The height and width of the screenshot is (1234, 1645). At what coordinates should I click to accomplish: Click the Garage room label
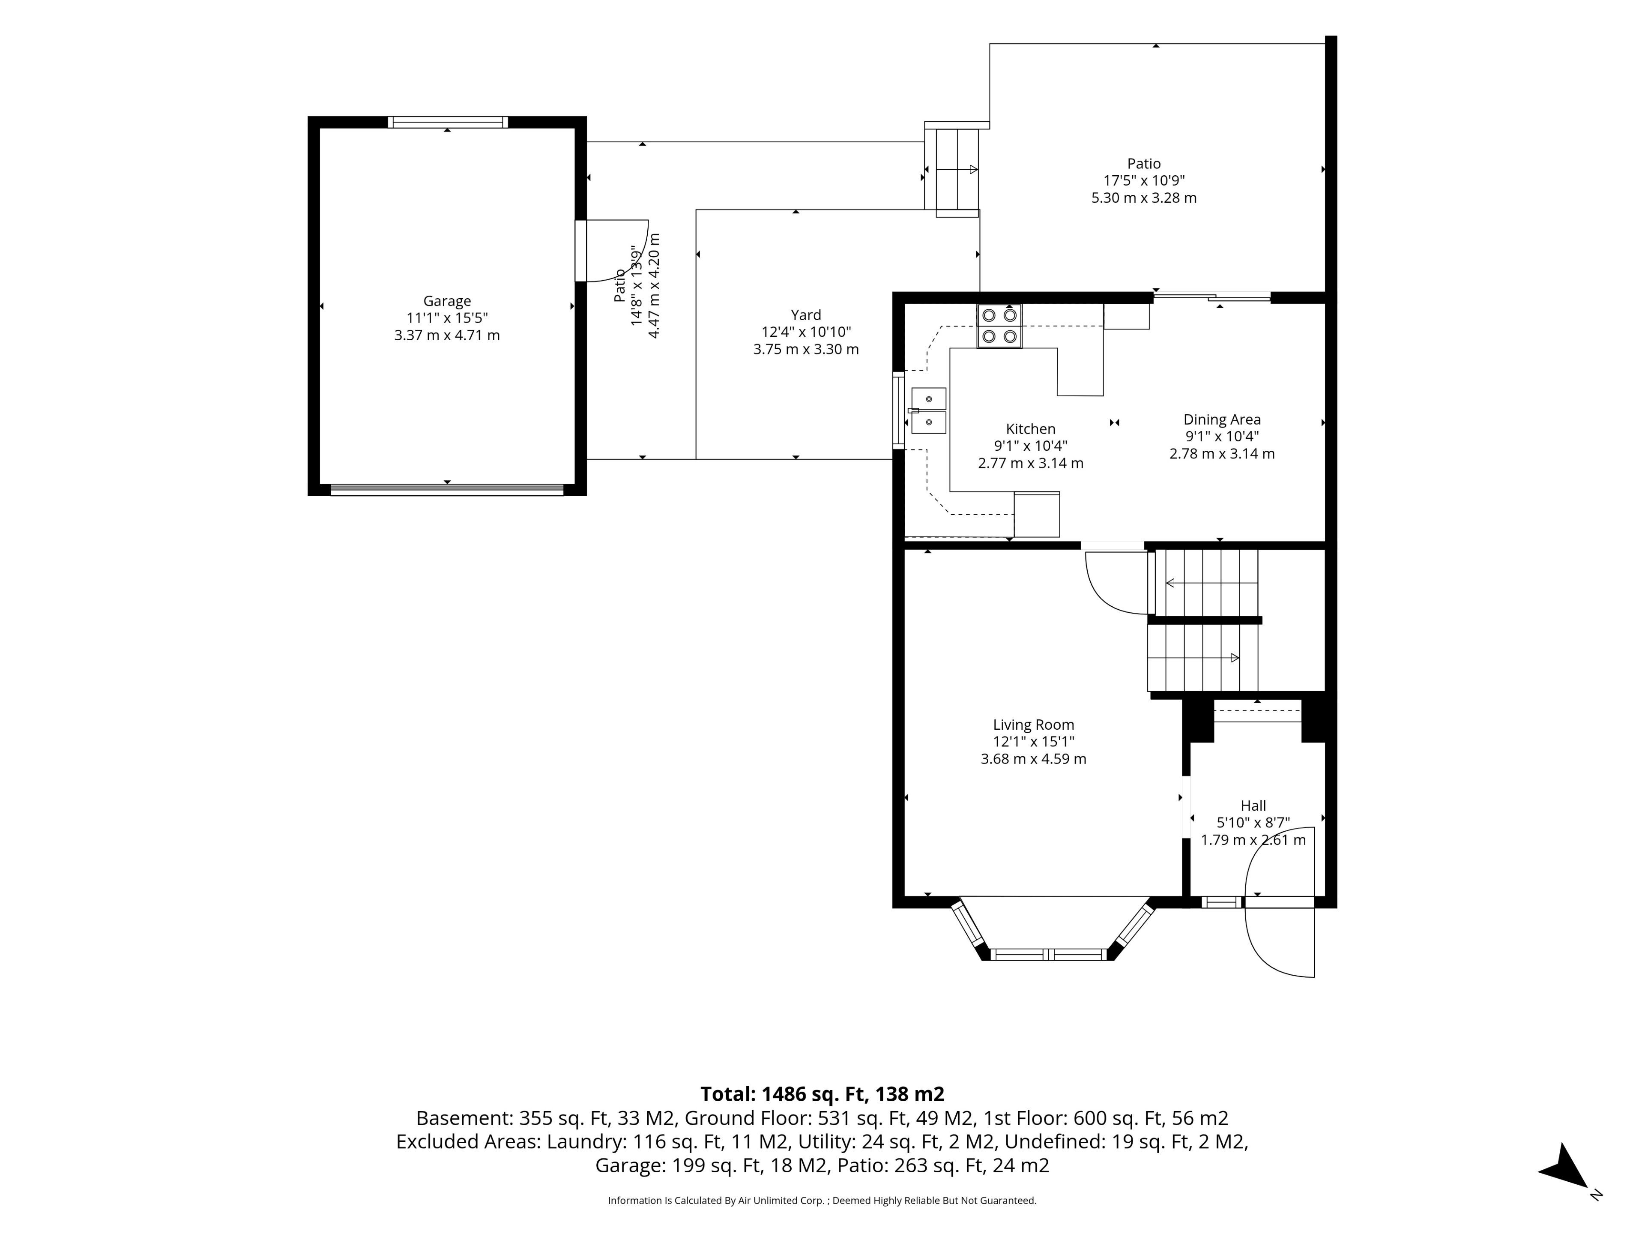coord(447,301)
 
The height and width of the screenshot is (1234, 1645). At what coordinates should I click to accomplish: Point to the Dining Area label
coord(1222,419)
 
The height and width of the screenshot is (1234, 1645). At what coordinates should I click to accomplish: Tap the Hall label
coord(1253,806)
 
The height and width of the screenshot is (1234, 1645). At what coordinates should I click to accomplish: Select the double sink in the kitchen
coord(928,410)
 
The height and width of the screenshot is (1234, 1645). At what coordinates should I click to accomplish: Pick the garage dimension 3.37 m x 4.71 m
coord(447,335)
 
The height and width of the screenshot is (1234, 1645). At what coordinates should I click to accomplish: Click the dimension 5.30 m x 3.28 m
coord(1144,198)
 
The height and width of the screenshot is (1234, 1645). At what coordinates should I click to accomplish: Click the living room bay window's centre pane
coord(1049,954)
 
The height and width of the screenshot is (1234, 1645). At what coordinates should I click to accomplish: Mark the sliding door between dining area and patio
coord(1212,297)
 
